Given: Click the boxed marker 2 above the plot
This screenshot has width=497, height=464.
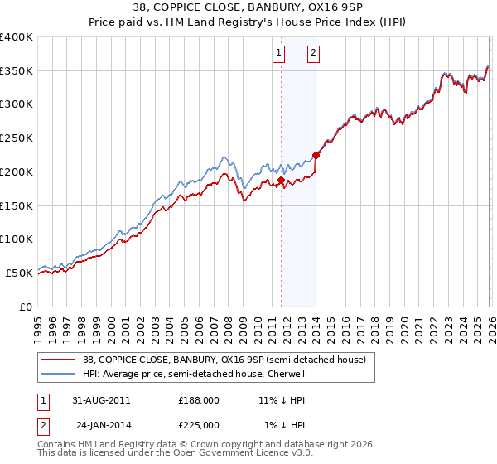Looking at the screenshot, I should pyautogui.click(x=314, y=53).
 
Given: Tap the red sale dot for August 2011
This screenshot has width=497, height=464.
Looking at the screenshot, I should pyautogui.click(x=281, y=179).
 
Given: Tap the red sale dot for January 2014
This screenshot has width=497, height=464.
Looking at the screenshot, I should pyautogui.click(x=316, y=154).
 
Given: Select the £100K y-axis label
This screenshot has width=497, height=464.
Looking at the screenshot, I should pyautogui.click(x=17, y=239).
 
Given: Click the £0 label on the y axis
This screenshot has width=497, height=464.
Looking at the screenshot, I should pyautogui.click(x=27, y=307).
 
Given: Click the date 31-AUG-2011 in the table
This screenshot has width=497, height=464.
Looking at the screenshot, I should pyautogui.click(x=101, y=399).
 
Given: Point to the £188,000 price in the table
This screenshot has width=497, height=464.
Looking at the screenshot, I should pyautogui.click(x=199, y=399).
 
